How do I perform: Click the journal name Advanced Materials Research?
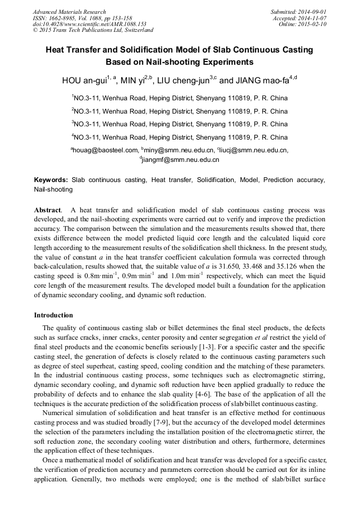69,12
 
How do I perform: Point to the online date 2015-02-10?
313,24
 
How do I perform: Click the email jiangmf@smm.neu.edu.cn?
180,159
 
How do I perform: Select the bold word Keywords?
50,180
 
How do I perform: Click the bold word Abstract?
47,210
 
